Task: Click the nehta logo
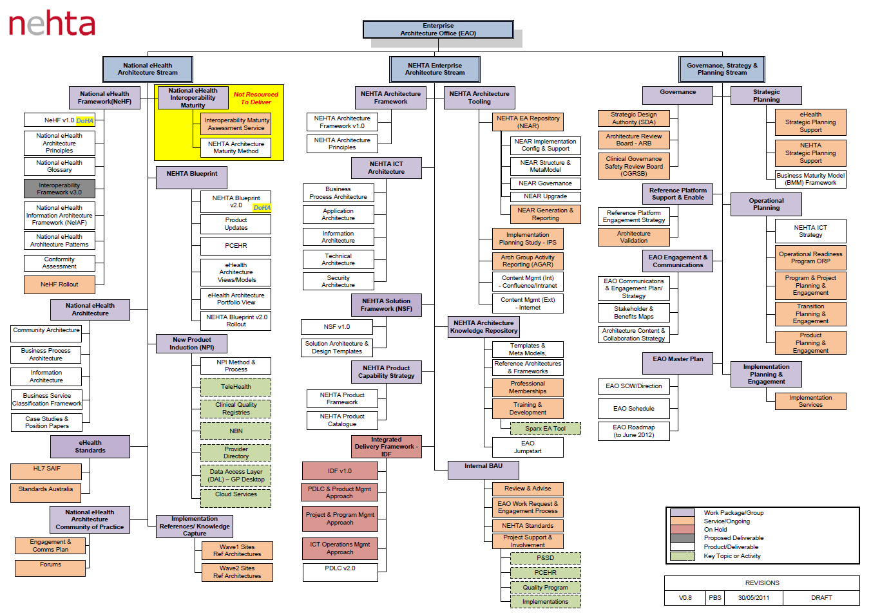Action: pos(52,24)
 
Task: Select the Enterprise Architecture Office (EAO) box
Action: pos(438,30)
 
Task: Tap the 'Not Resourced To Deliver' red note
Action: pos(256,98)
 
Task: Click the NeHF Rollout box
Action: pos(59,284)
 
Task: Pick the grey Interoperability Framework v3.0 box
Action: pos(59,189)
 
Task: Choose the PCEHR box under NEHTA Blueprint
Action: pos(236,246)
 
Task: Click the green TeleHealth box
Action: pos(236,387)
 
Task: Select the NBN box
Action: pos(236,431)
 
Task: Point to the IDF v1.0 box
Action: pos(340,471)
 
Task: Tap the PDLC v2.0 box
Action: pos(340,569)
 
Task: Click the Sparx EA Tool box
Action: pos(545,429)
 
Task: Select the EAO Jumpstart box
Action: pos(528,447)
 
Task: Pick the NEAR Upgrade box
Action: pos(545,196)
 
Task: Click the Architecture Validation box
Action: pos(634,238)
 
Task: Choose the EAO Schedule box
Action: pos(634,409)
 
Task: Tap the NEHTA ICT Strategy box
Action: pos(810,231)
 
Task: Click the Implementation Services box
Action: pos(810,401)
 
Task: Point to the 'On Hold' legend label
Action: pos(715,530)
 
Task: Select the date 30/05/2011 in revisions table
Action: pos(754,598)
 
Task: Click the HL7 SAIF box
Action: pos(46,469)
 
